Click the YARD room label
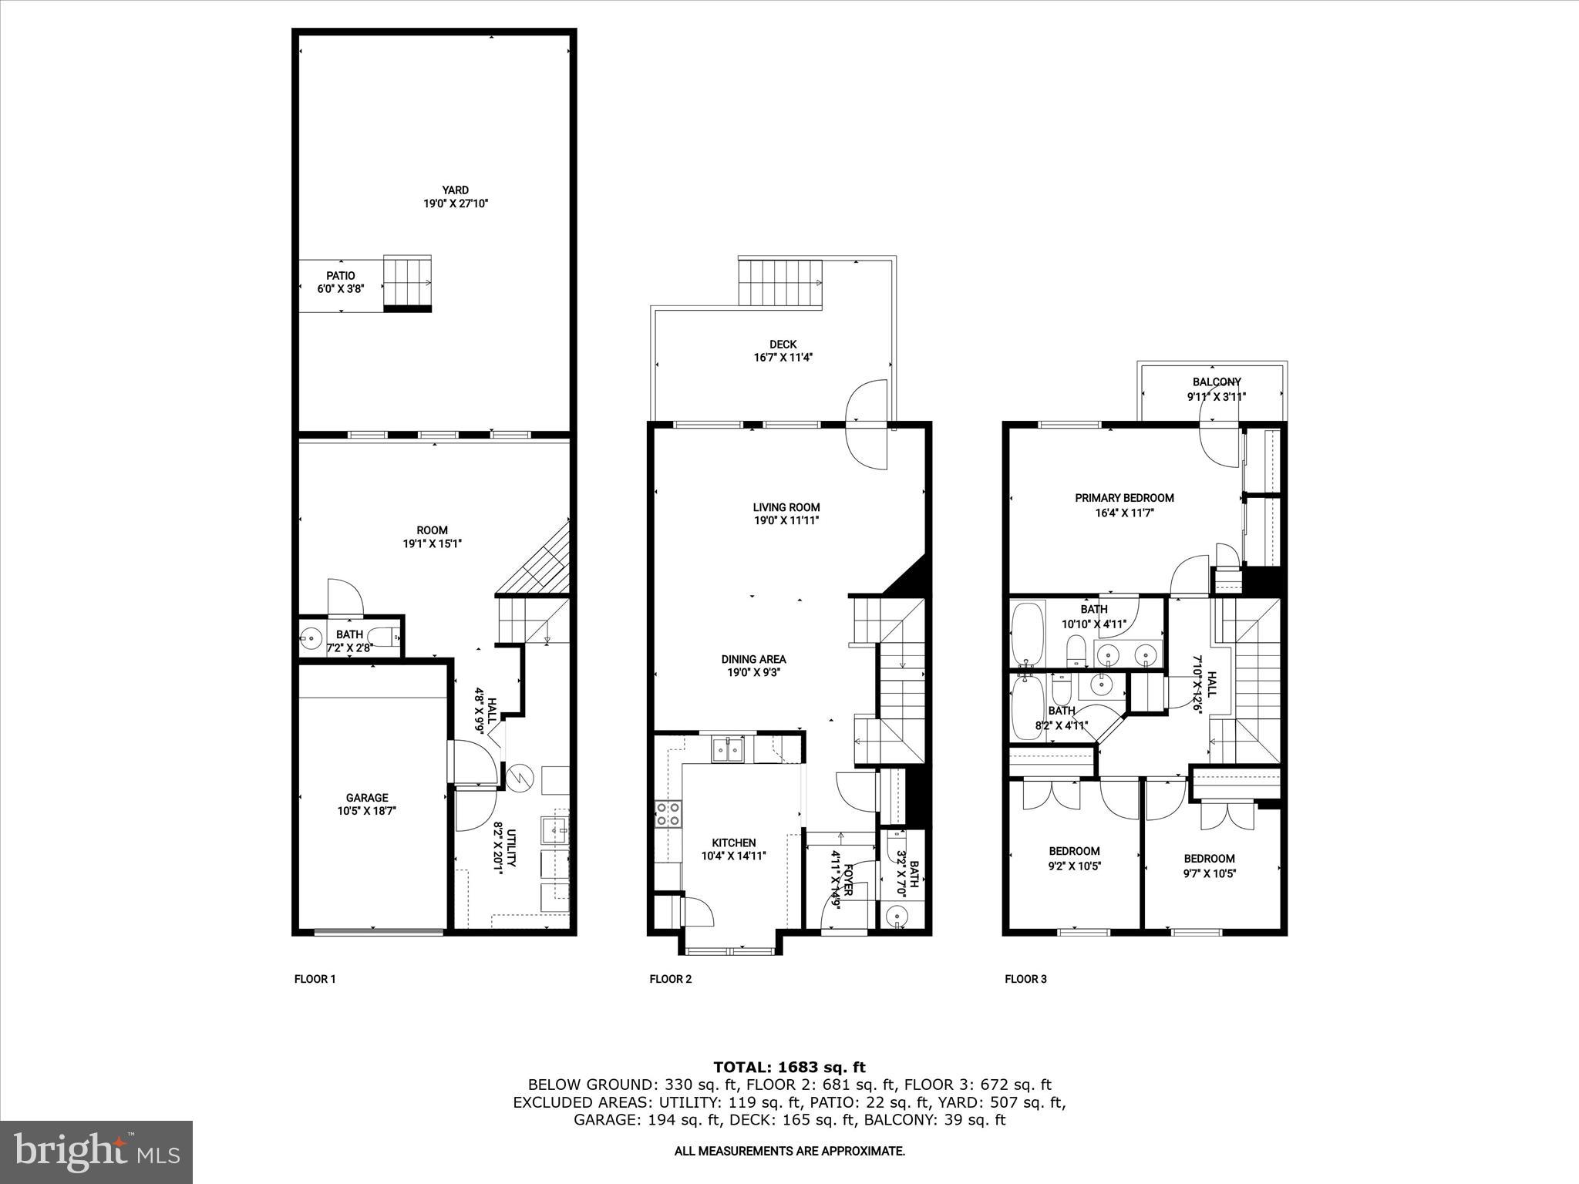point(455,190)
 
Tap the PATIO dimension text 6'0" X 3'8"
point(341,288)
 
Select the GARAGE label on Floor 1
point(367,798)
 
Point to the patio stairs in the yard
point(408,282)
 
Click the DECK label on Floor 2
point(783,345)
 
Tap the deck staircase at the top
point(780,283)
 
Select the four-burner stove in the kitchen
point(668,814)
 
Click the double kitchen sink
point(727,749)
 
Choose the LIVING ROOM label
point(786,507)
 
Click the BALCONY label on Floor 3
point(1217,382)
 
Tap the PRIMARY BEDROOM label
point(1124,498)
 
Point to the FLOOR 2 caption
point(670,980)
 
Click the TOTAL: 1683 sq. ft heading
point(789,1068)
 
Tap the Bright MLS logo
point(96,1152)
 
